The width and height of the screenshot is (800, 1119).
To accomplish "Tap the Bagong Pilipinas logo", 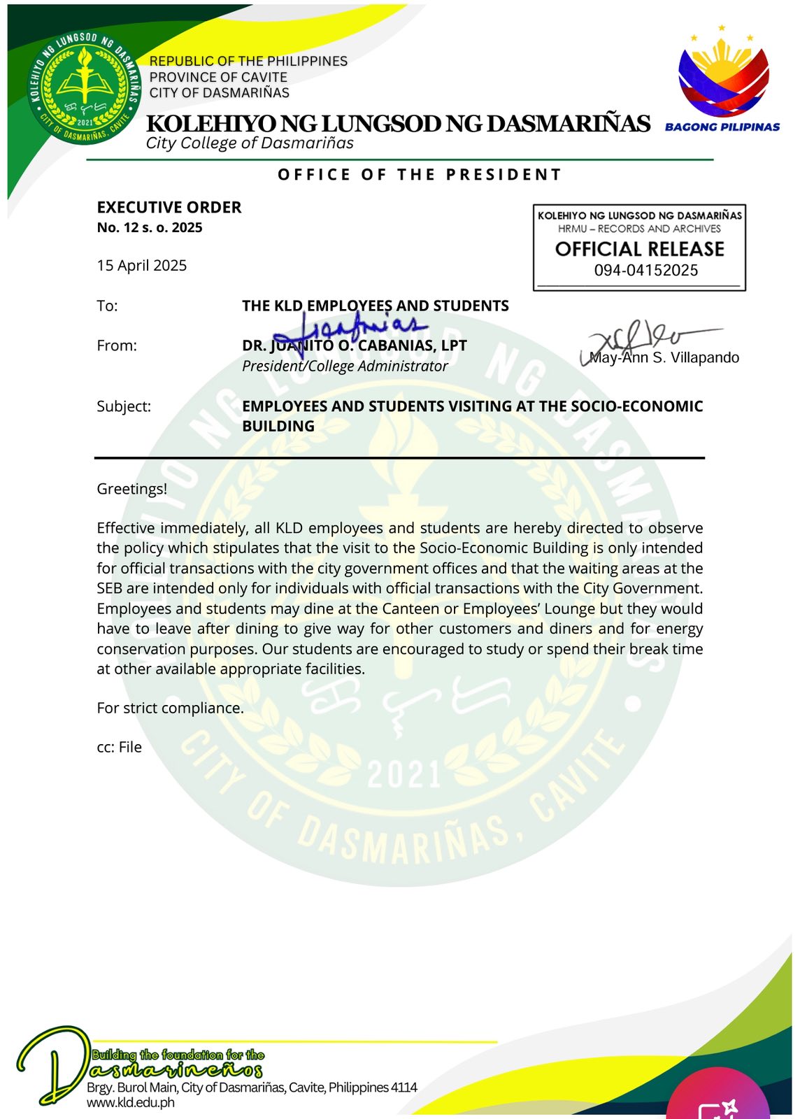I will (x=723, y=80).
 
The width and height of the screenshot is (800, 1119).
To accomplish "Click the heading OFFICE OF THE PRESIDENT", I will (x=420, y=175).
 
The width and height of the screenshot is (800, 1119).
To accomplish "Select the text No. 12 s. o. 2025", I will (x=150, y=227).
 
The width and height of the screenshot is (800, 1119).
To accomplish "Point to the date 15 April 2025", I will (x=142, y=266).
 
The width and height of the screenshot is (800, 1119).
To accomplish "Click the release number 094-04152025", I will (x=646, y=271).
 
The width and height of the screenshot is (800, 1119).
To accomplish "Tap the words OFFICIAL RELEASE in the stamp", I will (x=639, y=249).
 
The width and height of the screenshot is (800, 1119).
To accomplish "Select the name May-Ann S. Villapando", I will (x=664, y=357).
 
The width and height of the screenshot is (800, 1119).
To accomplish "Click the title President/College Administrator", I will (x=345, y=366).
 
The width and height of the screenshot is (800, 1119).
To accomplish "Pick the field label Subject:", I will (x=124, y=406).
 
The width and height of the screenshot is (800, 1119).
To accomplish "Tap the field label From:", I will (x=117, y=345).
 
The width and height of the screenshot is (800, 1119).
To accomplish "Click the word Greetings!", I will (x=132, y=489).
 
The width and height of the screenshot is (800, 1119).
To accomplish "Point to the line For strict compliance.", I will (x=171, y=708).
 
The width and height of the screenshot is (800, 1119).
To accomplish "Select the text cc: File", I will (x=120, y=747).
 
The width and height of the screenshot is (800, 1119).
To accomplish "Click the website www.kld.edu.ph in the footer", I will (x=131, y=1103).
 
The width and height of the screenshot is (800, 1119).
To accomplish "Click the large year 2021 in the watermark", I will (x=404, y=774).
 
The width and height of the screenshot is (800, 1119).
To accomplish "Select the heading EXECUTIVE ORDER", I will (x=169, y=208).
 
